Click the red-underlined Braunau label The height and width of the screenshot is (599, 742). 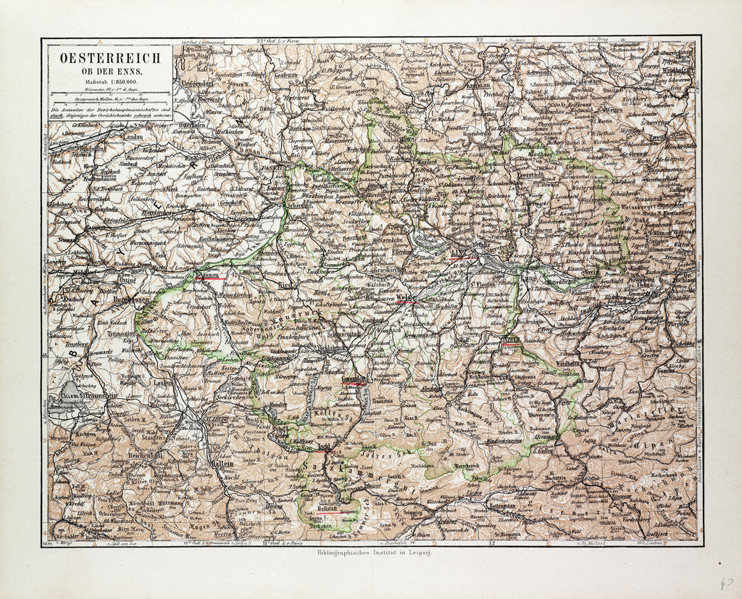(210, 275)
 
